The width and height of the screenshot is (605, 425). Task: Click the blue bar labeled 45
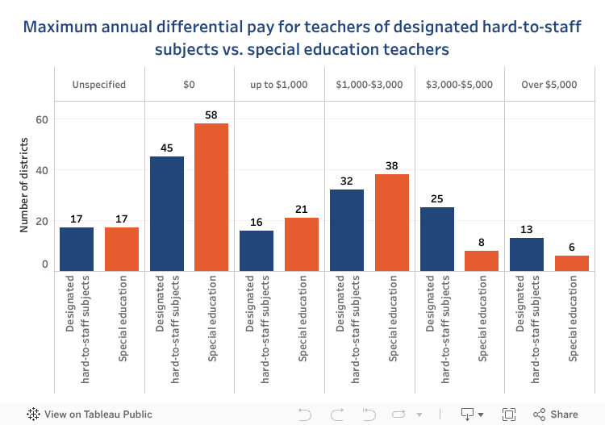tap(167, 213)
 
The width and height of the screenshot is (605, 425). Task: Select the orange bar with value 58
tap(211, 197)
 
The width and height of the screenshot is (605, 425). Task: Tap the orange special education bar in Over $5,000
tap(572, 263)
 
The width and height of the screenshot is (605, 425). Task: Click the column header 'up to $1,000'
tap(279, 84)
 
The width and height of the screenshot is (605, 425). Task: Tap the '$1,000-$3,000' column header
tap(369, 84)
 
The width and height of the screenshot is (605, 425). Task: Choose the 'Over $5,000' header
tap(549, 84)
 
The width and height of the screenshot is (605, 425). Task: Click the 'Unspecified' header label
tap(99, 84)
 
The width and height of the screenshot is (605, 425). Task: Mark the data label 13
tap(527, 230)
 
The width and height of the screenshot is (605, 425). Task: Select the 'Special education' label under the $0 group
tap(212, 319)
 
